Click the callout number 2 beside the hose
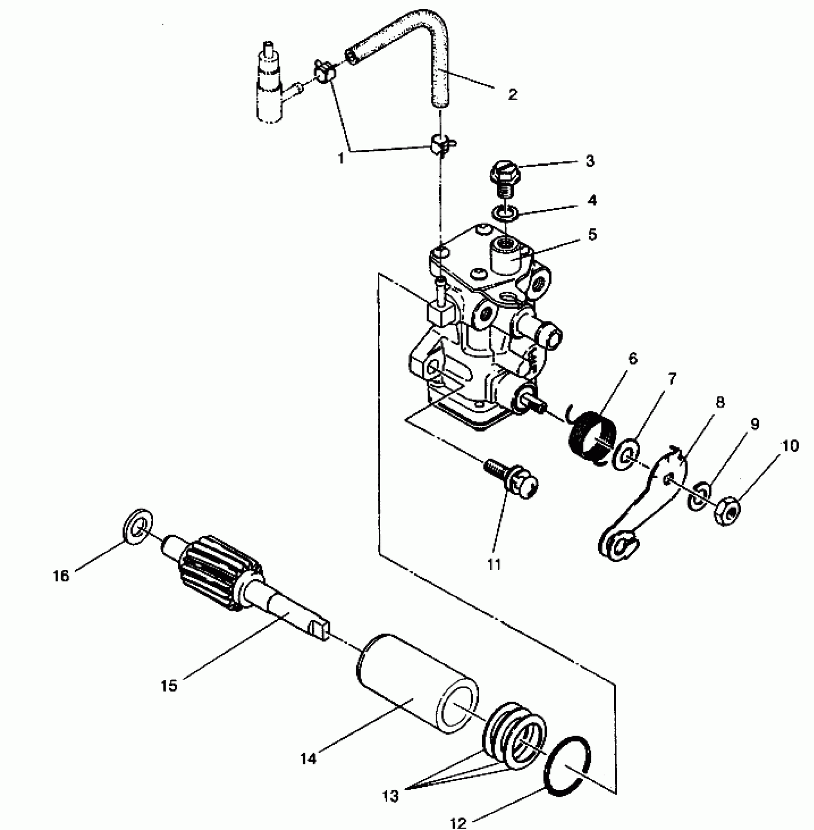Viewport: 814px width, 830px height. click(512, 94)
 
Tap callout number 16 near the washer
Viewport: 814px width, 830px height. click(61, 576)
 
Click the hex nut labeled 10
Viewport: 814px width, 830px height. click(727, 512)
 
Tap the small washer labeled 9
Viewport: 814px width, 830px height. click(699, 497)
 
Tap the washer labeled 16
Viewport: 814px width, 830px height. click(137, 527)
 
